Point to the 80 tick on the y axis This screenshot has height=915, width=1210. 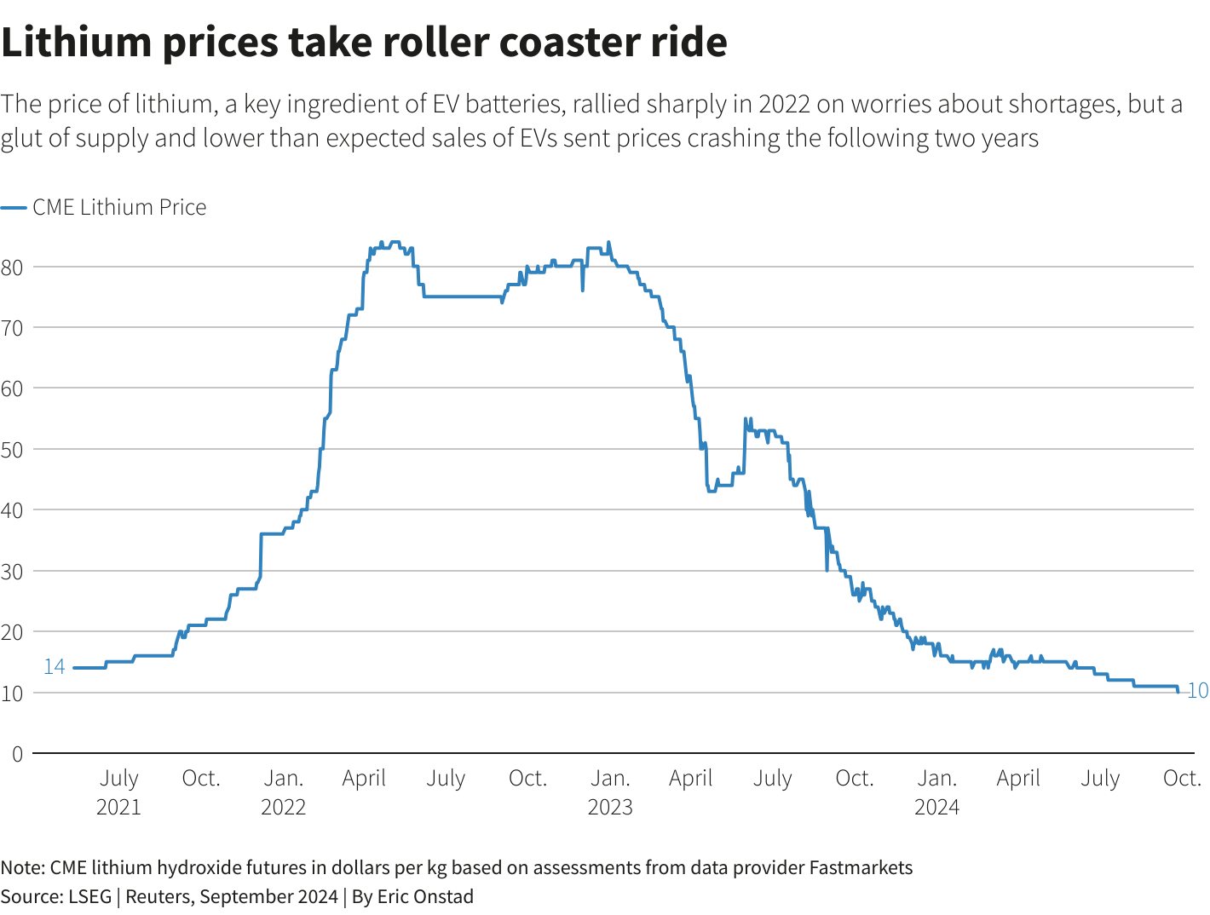(12, 267)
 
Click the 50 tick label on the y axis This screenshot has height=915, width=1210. (12, 449)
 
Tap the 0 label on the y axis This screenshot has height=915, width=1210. (17, 754)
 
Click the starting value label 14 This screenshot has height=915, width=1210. (55, 667)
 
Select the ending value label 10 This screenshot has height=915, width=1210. (1197, 691)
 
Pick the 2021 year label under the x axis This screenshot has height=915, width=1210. (118, 807)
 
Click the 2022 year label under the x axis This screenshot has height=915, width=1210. (283, 807)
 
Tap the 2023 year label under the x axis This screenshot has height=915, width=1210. (610, 807)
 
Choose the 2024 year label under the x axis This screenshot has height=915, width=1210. (936, 807)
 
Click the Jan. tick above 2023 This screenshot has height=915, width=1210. (610, 778)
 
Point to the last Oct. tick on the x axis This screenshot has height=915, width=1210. (1182, 778)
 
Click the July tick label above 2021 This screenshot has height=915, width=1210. (119, 778)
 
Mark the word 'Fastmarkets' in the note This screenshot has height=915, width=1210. (861, 868)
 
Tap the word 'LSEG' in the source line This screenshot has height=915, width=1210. (90, 896)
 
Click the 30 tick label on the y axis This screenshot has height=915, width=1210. (12, 571)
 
